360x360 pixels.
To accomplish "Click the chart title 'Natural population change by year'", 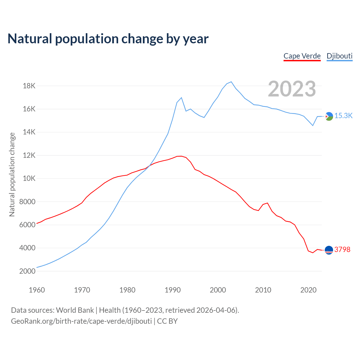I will click(x=108, y=39).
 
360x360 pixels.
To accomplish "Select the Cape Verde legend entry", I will click(x=302, y=56).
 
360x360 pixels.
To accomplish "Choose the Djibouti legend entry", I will click(x=339, y=56).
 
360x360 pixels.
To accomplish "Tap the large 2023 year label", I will click(x=292, y=89).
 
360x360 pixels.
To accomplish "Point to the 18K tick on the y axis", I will click(x=29, y=86).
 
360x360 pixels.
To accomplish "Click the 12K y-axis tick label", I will click(x=29, y=155).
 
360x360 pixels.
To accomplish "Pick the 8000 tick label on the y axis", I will click(x=28, y=202).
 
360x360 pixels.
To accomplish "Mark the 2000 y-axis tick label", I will click(x=28, y=271).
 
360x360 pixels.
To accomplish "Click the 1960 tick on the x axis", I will click(x=37, y=290).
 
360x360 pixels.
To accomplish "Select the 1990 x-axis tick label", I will click(x=173, y=290).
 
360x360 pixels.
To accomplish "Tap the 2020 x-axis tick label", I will click(x=309, y=290).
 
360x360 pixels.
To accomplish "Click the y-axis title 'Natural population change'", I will click(x=12, y=174).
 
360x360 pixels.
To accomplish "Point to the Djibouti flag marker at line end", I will click(x=329, y=116).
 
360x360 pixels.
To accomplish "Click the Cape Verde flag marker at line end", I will click(x=329, y=250).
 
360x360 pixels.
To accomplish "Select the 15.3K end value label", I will click(x=343, y=116).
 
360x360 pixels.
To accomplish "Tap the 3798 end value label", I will click(x=342, y=249).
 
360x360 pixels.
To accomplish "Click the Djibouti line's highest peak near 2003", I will click(x=231, y=82).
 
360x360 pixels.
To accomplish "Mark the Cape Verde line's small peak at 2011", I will click(x=267, y=203).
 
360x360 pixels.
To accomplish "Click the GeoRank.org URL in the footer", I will click(x=81, y=321).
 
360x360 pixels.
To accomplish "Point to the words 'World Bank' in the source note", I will click(x=75, y=310).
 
